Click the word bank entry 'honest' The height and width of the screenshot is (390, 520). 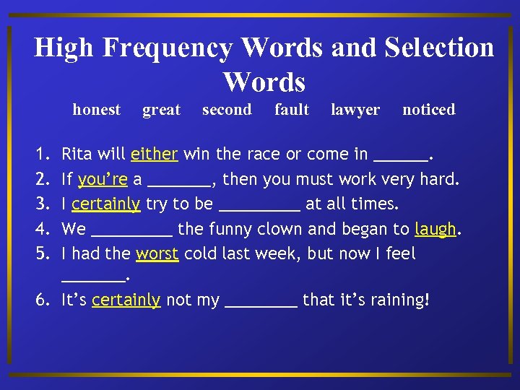click(96, 110)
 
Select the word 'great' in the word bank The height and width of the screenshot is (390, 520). click(161, 110)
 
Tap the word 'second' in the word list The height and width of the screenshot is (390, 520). click(227, 110)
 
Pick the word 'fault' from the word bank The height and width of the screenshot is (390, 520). click(292, 110)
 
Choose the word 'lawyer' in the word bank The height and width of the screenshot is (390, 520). click(355, 110)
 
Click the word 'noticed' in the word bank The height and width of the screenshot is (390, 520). click(428, 110)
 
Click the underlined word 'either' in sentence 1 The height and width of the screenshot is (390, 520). click(155, 154)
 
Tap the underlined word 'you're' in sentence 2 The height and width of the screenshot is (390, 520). click(103, 179)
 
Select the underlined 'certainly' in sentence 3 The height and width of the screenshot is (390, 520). click(105, 204)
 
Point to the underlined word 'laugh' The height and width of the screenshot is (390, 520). click(435, 230)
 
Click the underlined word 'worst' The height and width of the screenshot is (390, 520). click(157, 254)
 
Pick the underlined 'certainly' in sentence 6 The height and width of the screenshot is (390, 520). click(126, 300)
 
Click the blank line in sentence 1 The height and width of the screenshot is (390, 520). click(402, 159)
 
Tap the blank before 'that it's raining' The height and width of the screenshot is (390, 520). click(261, 305)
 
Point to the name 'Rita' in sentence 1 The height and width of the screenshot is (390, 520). click(77, 154)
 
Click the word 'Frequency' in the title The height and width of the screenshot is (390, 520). click(168, 48)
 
